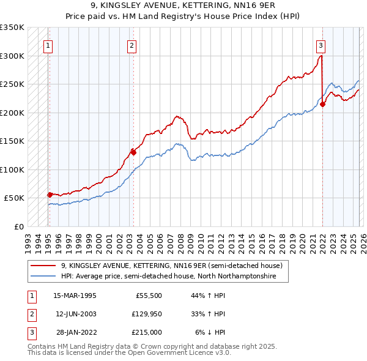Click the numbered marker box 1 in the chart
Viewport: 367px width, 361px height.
click(48, 44)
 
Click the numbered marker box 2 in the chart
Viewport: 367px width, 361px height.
click(132, 44)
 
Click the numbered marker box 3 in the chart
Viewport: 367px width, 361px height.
click(321, 44)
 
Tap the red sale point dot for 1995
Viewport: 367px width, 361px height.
click(50, 195)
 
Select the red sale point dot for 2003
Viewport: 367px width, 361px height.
click(133, 152)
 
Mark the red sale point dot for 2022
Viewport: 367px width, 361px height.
click(322, 104)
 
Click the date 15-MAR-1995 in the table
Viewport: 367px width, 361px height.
click(75, 296)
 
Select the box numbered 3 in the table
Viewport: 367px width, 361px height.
click(31, 332)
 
